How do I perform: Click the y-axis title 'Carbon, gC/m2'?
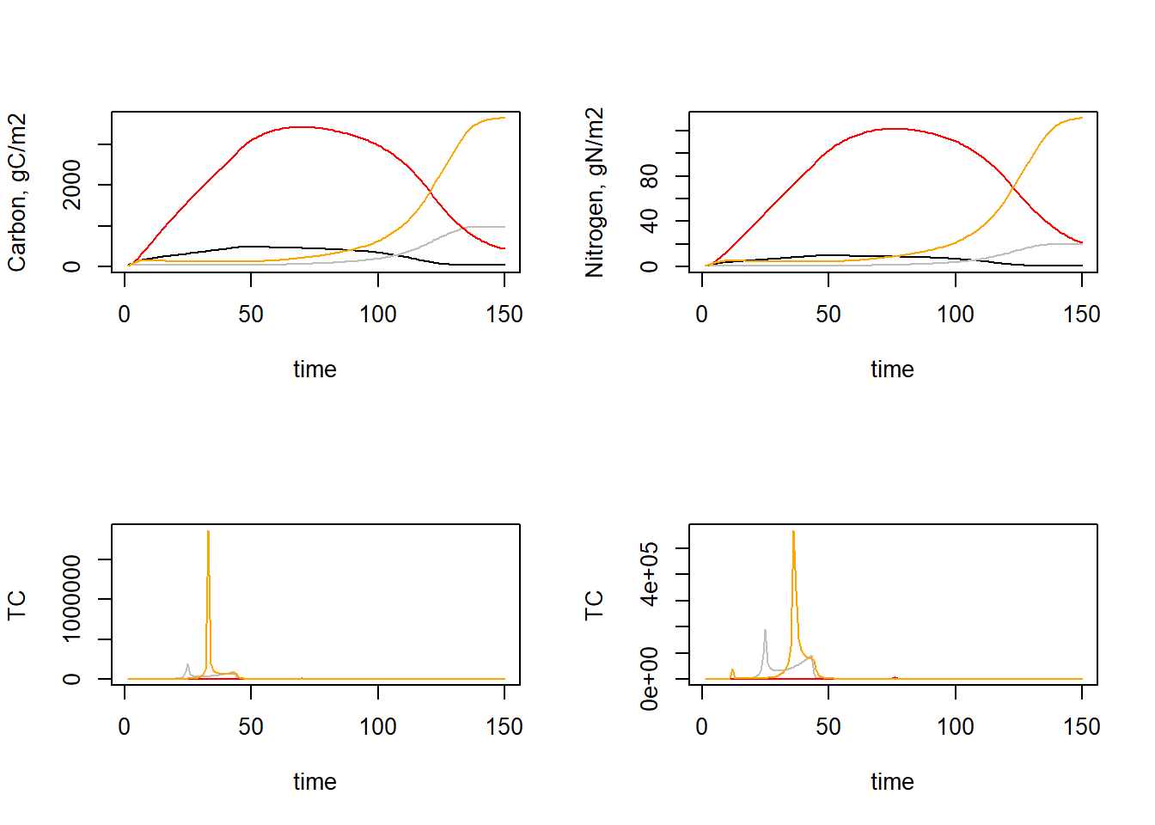click(x=17, y=192)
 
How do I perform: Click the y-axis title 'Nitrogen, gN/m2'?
click(x=595, y=192)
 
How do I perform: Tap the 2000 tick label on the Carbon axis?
click(x=72, y=184)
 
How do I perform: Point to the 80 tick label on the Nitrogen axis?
click(x=650, y=176)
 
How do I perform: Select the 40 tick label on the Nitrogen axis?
click(x=650, y=221)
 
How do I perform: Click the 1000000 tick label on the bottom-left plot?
click(x=72, y=598)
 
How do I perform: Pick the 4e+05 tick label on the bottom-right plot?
click(x=650, y=574)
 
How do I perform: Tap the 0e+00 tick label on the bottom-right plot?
click(x=650, y=679)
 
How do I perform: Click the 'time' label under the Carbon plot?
click(x=315, y=370)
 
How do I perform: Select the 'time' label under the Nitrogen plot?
click(x=892, y=370)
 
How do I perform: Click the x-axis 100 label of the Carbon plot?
click(x=378, y=315)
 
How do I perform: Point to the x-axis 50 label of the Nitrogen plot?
click(x=828, y=315)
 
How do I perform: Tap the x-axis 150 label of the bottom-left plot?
click(x=504, y=727)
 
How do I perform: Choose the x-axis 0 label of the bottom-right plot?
click(x=702, y=727)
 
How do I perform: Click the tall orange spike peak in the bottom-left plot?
click(x=208, y=532)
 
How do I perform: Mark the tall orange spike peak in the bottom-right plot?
click(x=793, y=532)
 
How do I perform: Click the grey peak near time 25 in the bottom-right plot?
click(x=765, y=631)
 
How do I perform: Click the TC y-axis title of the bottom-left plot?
click(x=17, y=605)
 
